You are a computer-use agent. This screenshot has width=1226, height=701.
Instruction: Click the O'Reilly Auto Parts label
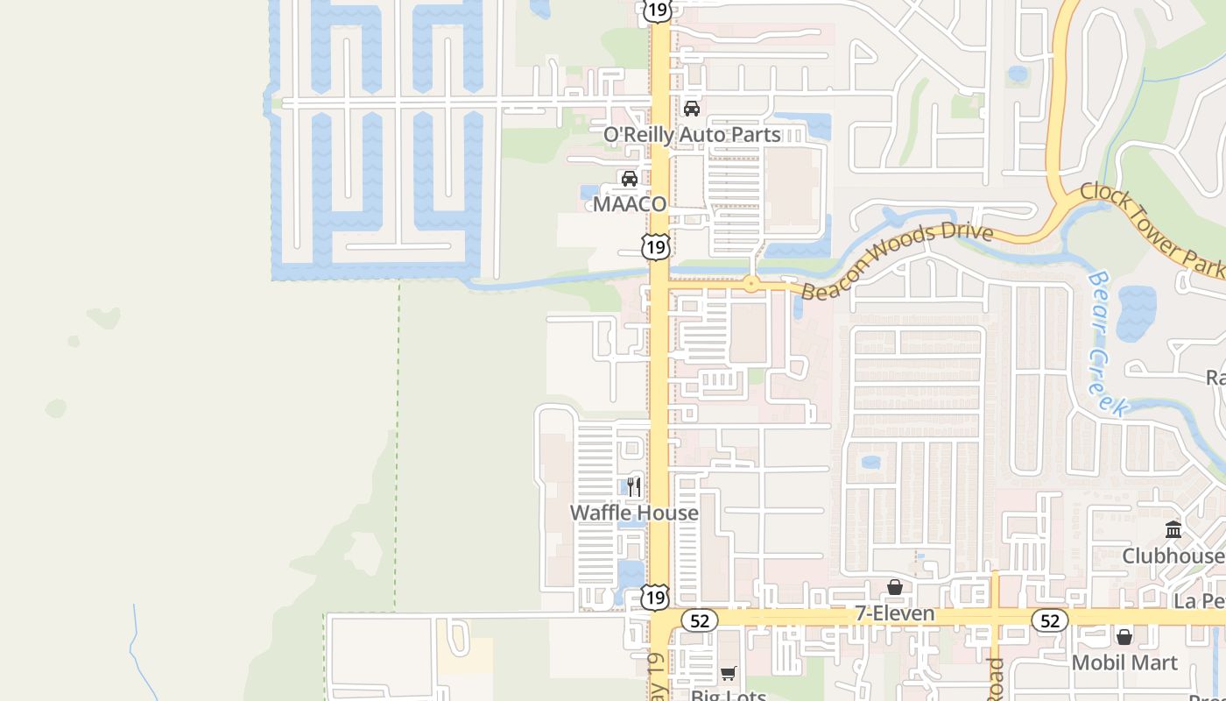point(692,135)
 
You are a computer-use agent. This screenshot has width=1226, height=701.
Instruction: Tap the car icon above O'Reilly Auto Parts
point(692,109)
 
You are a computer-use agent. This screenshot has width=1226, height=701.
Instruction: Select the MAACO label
point(630,204)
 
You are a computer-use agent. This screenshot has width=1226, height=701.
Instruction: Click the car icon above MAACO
point(630,179)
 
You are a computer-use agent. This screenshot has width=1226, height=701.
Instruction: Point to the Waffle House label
point(634,513)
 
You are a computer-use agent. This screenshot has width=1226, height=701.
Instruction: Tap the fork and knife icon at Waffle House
point(635,487)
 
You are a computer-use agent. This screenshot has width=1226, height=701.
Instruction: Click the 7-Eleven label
point(895,613)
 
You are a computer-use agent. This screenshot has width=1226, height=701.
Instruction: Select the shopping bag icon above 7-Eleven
point(895,587)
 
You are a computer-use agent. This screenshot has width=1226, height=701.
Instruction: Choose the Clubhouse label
point(1173,556)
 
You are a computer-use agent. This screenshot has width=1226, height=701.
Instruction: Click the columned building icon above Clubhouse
point(1173,530)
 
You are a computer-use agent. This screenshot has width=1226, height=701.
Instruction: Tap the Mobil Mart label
point(1124,662)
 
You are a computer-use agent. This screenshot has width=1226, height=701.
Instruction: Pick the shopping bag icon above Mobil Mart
point(1124,636)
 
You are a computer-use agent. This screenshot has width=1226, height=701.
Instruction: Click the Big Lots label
point(729,696)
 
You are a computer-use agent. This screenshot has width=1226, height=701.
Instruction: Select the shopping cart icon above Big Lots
point(729,673)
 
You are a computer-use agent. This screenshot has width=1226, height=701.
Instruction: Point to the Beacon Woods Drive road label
point(898,261)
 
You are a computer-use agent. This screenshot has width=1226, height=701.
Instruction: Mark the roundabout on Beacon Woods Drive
point(750,284)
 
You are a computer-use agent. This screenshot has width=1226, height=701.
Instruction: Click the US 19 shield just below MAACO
point(655,246)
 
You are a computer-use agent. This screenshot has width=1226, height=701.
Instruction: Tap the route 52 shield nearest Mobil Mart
point(1049,620)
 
